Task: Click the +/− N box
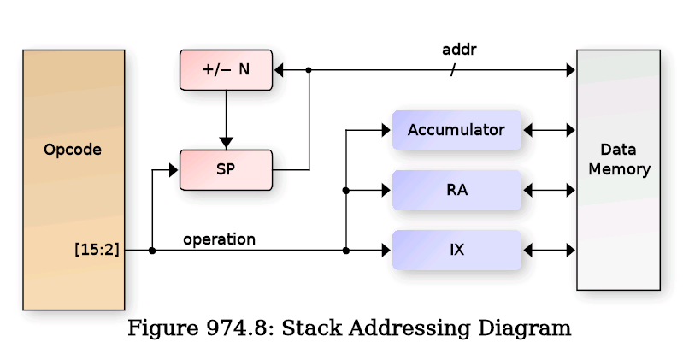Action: [x=226, y=69]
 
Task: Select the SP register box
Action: [x=226, y=169]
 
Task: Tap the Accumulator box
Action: [x=456, y=130]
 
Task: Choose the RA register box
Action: [x=456, y=190]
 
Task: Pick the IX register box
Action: [x=456, y=251]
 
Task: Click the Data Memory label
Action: [x=618, y=159]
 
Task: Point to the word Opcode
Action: [x=73, y=150]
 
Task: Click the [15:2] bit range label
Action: [x=97, y=250]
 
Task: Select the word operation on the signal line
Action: [x=219, y=239]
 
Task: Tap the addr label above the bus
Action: [x=458, y=50]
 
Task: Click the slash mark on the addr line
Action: [x=453, y=70]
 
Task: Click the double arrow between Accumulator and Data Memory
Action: [x=549, y=130]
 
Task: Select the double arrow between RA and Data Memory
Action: [x=549, y=190]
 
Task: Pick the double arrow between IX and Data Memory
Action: [x=549, y=251]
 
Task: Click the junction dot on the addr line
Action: [x=309, y=70]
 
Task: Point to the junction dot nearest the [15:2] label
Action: [x=152, y=251]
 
